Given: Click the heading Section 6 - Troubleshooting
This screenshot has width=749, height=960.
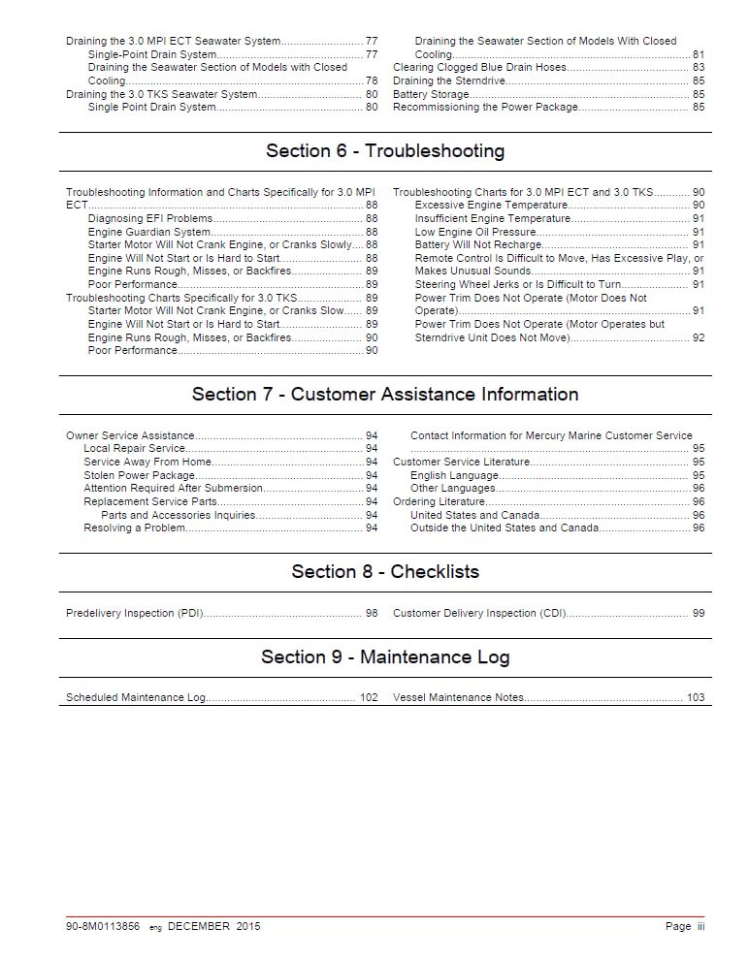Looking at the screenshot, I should (x=384, y=151).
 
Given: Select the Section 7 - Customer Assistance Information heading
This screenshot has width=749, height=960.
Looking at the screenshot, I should (x=384, y=395).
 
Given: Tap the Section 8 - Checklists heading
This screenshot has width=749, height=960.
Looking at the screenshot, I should (x=384, y=572).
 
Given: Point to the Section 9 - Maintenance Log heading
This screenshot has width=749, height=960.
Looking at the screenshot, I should (x=384, y=657).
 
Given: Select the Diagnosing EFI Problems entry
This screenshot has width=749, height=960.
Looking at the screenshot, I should (x=149, y=219).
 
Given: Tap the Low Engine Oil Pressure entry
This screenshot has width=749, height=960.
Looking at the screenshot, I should (x=475, y=233).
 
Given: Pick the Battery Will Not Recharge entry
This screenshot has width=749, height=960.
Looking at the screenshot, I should (x=477, y=245).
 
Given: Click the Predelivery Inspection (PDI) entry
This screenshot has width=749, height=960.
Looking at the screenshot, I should (x=135, y=614).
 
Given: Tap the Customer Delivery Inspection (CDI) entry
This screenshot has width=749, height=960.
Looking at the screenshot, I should (x=479, y=614).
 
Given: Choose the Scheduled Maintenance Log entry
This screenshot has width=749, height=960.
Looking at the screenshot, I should (x=136, y=698).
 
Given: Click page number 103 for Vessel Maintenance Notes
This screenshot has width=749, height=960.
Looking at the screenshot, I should (x=696, y=698).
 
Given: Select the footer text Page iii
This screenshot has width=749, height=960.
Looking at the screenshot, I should (x=685, y=927).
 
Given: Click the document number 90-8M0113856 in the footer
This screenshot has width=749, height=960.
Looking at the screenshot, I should (x=104, y=927).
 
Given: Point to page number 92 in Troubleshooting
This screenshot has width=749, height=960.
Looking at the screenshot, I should (x=699, y=338).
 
